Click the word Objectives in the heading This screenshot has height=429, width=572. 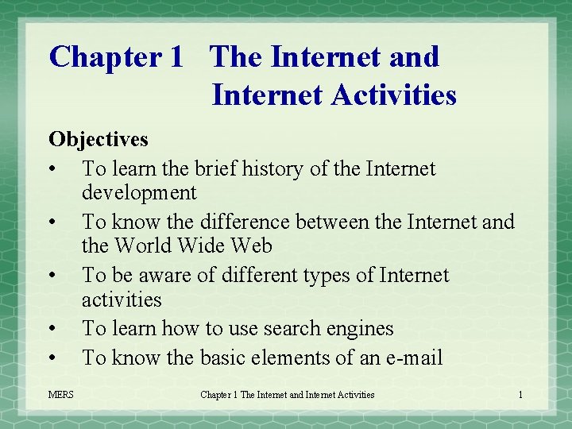[x=98, y=139]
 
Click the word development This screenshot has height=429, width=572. [x=139, y=192]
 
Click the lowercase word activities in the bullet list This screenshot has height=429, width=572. [x=122, y=300]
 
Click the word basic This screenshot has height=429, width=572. [x=222, y=357]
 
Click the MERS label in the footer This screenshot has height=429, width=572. [x=60, y=395]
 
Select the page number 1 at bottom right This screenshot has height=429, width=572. [x=520, y=395]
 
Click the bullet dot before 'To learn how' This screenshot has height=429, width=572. [x=52, y=329]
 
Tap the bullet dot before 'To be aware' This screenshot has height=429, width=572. [x=52, y=276]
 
